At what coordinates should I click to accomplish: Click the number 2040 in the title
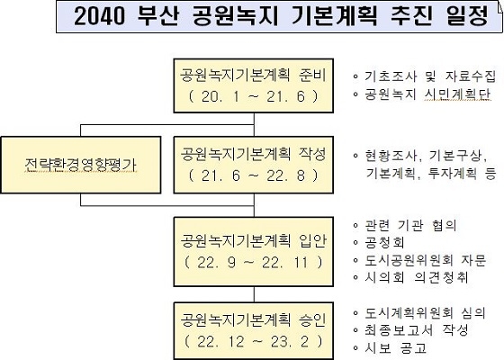[x=99, y=16]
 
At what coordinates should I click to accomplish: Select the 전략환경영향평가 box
[x=81, y=165]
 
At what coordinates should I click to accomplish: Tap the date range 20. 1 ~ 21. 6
[x=254, y=96]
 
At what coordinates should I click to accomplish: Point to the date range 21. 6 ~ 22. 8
[x=254, y=175]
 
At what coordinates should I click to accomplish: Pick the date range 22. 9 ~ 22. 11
[x=254, y=263]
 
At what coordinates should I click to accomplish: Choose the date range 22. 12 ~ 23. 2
[x=254, y=341]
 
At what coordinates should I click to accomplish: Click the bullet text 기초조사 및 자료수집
[x=430, y=76]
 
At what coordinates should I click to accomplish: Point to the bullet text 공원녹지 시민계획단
[x=427, y=94]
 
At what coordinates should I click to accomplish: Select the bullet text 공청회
[x=384, y=242]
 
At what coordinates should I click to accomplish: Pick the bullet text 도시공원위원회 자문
[x=425, y=260]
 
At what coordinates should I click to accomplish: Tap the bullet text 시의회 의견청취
[x=416, y=277]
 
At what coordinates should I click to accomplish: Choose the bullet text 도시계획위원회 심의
[x=425, y=313]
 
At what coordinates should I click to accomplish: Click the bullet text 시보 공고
[x=395, y=347]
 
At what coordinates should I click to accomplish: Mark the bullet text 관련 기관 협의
[x=410, y=225]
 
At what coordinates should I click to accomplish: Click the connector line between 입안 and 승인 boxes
[x=254, y=294]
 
